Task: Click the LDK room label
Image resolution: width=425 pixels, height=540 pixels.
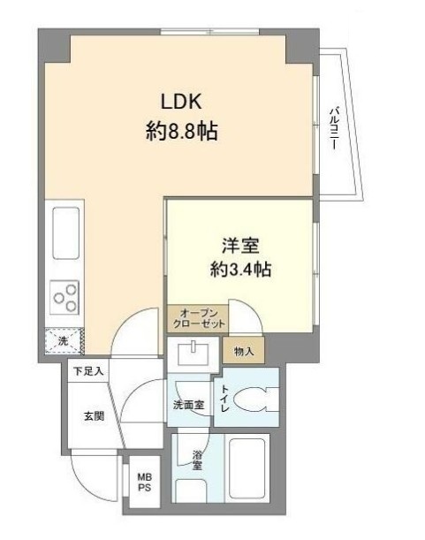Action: click(x=181, y=101)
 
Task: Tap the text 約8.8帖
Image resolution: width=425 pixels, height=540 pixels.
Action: click(x=181, y=133)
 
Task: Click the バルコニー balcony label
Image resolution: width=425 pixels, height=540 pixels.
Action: click(x=334, y=128)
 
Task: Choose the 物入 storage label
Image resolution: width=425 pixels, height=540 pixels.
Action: click(x=244, y=351)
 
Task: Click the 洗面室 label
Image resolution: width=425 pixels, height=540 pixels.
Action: click(x=188, y=406)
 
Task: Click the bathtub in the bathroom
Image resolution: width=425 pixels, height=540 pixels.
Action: click(x=253, y=468)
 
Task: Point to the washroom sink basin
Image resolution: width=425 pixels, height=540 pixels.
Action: click(x=192, y=354)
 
